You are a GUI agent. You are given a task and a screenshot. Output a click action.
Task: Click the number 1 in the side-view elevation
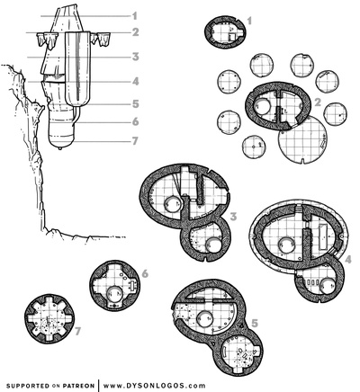tap(134, 15)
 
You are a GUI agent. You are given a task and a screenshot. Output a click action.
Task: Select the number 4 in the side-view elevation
tap(134, 81)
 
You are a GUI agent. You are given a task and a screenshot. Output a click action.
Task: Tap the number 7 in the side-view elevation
tap(134, 140)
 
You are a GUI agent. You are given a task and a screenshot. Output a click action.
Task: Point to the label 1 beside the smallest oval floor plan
tap(249, 19)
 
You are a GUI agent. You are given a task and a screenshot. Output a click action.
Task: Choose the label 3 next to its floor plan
tap(232, 216)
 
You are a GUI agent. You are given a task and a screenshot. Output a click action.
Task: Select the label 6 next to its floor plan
tap(144, 272)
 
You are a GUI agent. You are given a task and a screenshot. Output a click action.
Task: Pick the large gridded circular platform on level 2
tap(304, 139)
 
